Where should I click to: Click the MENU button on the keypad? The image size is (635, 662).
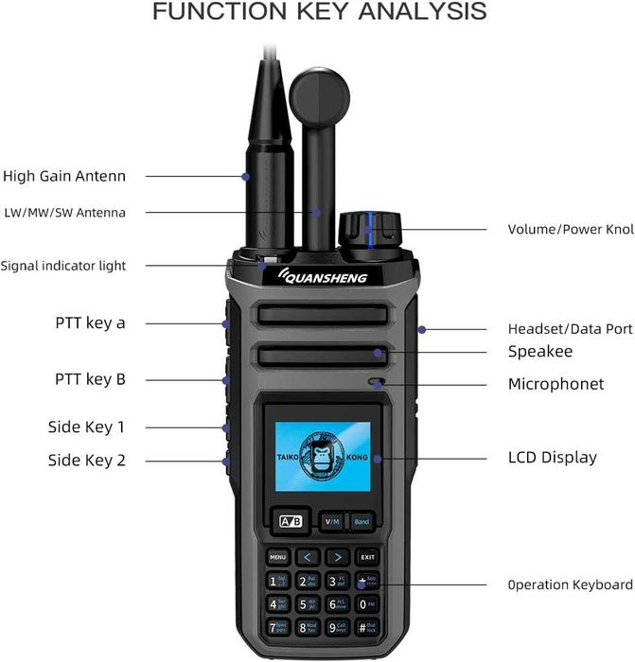[x=277, y=557]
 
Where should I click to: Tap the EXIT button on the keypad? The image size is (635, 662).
[x=367, y=557]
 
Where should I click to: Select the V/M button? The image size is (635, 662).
[x=332, y=521]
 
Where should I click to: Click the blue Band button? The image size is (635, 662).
[x=362, y=521]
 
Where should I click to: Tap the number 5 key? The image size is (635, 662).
[x=309, y=603]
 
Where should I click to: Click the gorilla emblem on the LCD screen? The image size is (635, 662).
[x=322, y=456]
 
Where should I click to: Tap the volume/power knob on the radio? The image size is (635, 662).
[x=370, y=229]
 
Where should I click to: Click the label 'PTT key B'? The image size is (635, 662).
[x=90, y=380]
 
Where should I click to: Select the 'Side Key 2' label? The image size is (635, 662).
[x=86, y=461]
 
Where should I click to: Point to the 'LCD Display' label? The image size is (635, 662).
[x=553, y=458]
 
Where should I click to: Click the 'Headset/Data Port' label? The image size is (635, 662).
[x=570, y=329]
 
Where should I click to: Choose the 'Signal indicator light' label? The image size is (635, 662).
[x=63, y=266]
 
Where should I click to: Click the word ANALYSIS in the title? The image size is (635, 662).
[x=417, y=12]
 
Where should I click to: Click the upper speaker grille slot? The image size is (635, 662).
[x=322, y=316]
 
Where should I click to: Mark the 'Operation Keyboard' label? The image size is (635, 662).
[x=570, y=585]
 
